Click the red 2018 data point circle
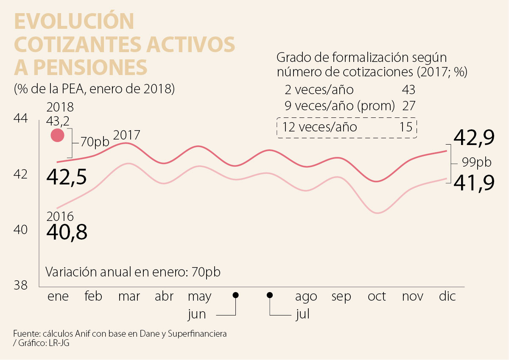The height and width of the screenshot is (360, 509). pos(57,136)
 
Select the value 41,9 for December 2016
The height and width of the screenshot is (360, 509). pos(474,182)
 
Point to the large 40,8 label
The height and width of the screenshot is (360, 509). pos(67,232)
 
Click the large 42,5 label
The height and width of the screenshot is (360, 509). pos(67,177)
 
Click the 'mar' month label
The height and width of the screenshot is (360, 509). pos(129,296)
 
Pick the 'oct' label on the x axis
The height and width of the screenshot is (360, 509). pos(377,296)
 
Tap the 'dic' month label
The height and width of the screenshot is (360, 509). pos(447,296)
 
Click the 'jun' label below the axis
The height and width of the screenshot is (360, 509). pos(196,315)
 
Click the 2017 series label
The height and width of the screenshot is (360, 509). pos(127,136)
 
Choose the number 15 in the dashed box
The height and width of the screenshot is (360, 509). pos(406,127)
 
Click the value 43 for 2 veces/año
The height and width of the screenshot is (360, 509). pos(408,90)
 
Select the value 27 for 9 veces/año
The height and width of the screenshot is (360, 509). pos(408,106)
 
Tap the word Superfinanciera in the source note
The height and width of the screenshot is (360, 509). pos(197,334)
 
